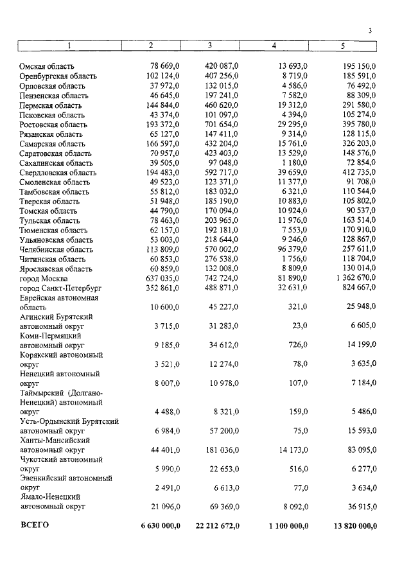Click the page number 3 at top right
[371, 31]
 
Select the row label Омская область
[47, 66]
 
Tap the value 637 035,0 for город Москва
[161, 277]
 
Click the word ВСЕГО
[35, 525]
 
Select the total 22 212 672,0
[217, 526]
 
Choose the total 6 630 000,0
[160, 526]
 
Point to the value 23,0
[299, 326]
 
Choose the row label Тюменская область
[53, 229]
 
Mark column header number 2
[150, 46]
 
